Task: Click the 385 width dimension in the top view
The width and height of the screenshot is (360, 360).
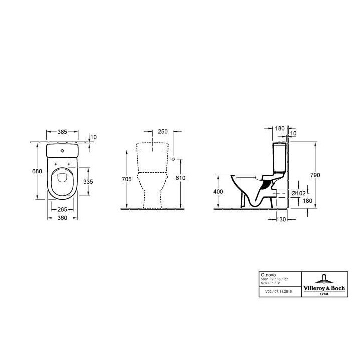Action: (62, 133)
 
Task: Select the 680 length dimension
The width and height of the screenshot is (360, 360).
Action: (36, 171)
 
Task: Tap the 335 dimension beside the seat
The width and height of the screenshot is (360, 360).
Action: (88, 182)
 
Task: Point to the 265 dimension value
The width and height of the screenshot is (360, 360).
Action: (62, 209)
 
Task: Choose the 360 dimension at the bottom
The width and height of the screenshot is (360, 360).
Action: (62, 219)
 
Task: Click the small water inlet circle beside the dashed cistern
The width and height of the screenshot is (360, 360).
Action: (173, 159)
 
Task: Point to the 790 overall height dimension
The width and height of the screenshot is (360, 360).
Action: (315, 175)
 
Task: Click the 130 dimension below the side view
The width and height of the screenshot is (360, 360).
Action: (281, 219)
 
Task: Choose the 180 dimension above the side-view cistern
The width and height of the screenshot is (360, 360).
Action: (279, 128)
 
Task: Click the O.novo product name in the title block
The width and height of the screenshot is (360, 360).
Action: (268, 274)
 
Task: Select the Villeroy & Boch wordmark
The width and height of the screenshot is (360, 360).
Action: (324, 287)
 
